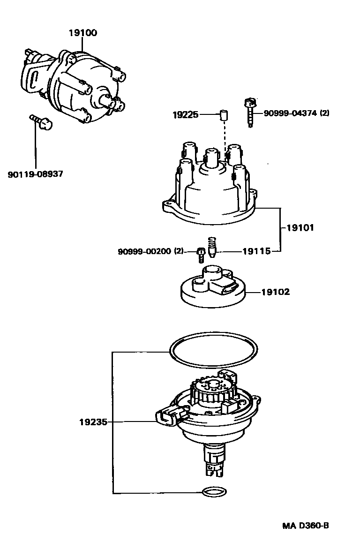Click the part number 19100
(83, 33)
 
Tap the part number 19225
(185, 114)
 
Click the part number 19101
(298, 228)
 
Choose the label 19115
(256, 251)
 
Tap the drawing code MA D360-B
(305, 526)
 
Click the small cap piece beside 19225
(225, 114)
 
